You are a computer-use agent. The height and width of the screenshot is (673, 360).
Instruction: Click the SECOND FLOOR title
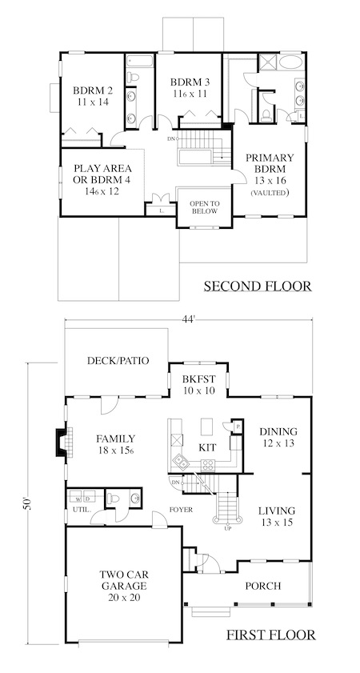coord(258,286)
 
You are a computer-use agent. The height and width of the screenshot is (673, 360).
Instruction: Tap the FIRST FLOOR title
coord(270,635)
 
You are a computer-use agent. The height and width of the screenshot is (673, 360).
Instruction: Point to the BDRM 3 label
coord(190,82)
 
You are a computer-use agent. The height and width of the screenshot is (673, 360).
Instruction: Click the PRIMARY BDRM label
coord(270,163)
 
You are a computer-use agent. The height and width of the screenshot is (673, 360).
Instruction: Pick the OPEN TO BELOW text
coord(205,207)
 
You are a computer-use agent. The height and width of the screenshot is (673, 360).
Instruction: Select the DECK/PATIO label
coord(118,361)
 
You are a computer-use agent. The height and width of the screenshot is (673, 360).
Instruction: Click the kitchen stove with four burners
coord(208,464)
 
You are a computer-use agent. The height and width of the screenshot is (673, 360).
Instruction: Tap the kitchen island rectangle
coord(206,427)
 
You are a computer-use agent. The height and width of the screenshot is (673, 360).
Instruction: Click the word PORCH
coord(263,586)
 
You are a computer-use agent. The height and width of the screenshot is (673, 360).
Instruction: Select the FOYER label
coord(181,510)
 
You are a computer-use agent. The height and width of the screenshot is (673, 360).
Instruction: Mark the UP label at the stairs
coord(227,528)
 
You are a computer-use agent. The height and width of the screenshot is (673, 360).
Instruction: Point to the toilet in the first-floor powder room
coord(114,499)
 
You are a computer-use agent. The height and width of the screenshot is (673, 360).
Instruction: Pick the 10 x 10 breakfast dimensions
coord(198,391)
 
